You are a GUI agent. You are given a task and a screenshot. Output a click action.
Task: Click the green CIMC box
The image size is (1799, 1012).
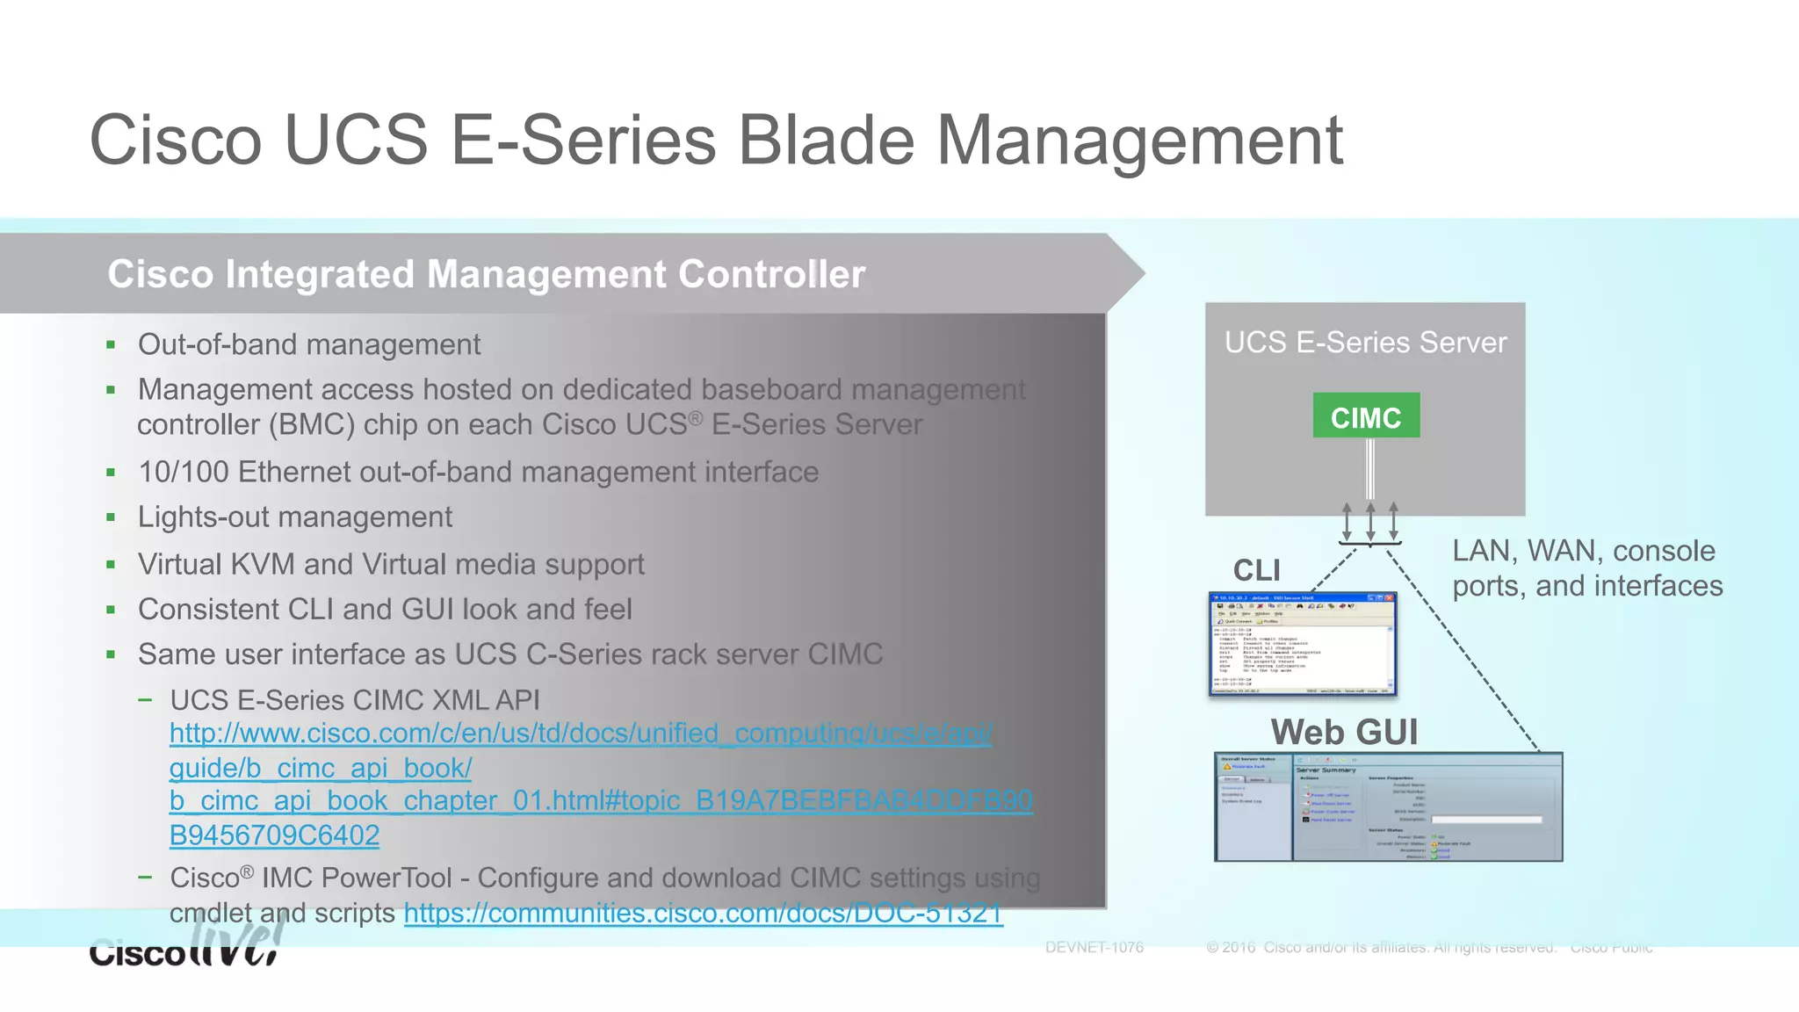point(1366,416)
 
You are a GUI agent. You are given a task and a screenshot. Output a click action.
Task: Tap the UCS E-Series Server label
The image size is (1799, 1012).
point(1365,343)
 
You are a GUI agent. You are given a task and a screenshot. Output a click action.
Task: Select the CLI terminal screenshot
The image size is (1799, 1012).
point(1302,644)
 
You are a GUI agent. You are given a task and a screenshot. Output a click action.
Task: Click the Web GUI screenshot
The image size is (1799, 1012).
point(1388,806)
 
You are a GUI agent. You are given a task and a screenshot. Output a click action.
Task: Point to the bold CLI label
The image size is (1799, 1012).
point(1256,570)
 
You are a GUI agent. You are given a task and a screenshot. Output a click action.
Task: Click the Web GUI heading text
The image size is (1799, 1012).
point(1344,732)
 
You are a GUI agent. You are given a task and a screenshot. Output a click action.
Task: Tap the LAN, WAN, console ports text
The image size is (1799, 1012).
point(1586,568)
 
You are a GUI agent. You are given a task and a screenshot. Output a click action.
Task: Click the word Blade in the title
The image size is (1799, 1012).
point(825,141)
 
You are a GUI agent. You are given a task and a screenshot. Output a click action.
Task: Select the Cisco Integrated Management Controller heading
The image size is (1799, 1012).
point(486,274)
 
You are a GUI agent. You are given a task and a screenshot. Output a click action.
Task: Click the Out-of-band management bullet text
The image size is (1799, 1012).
point(308,344)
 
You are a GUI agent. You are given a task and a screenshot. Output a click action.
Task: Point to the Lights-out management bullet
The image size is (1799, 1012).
point(294,517)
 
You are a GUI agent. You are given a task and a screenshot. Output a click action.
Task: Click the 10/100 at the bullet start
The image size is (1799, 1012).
point(183,472)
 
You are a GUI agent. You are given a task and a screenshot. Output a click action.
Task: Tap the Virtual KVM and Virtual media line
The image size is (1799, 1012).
point(391,564)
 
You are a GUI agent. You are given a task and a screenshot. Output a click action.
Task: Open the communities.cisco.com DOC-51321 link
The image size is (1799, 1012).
point(703,914)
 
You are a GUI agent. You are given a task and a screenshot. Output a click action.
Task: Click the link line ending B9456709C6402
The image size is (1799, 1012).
point(274,835)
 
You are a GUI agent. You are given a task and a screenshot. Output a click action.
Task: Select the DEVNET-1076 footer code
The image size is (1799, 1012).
point(1094,947)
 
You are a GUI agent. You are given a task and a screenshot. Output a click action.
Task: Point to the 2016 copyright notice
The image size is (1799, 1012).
point(1380,947)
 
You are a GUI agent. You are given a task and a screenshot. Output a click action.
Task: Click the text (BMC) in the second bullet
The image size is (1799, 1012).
point(312,425)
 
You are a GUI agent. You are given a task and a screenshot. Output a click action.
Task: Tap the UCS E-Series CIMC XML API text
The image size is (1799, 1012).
point(355,700)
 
